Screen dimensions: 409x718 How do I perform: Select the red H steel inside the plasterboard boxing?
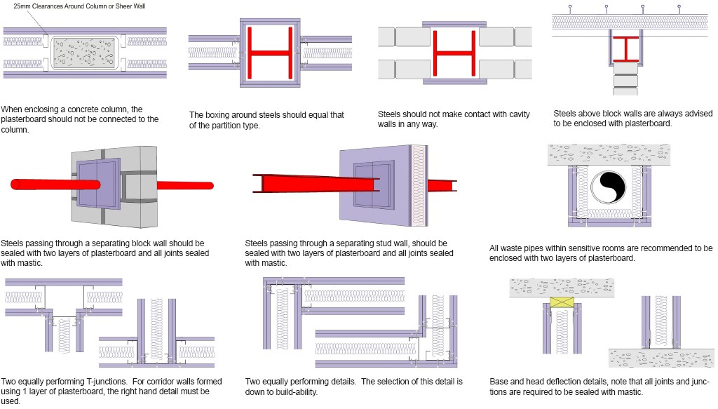click(270, 53)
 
